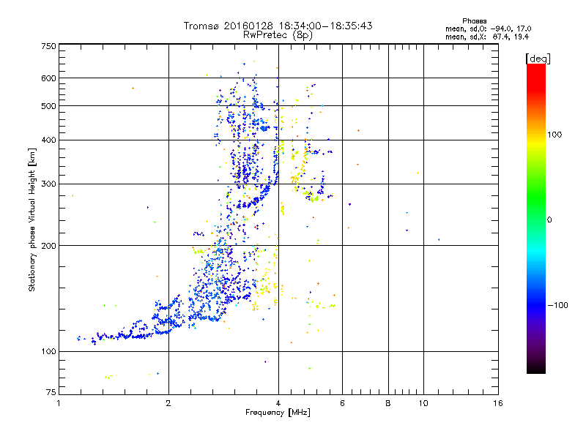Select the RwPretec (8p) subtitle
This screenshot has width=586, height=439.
tap(278, 34)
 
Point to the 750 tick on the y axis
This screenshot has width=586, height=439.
tap(48, 46)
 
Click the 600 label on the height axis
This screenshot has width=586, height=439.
tap(48, 78)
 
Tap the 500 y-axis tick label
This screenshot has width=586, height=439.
tap(48, 105)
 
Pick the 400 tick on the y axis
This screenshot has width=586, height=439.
tap(48, 140)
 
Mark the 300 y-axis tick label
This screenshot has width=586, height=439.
tap(48, 184)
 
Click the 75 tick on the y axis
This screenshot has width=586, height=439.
tap(51, 395)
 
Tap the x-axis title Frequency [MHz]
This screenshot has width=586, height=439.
tap(278, 413)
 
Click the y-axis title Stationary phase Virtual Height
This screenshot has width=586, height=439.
tap(32, 219)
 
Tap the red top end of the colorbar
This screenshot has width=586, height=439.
tap(535, 68)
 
